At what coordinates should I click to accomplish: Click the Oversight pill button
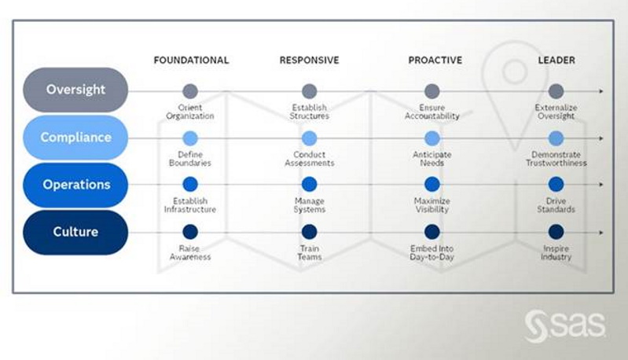tap(75, 90)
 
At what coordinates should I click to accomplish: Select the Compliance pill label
tap(75, 138)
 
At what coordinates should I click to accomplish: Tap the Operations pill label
tap(75, 185)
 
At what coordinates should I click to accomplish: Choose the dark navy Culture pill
tap(75, 232)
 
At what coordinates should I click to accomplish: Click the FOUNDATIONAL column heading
tap(192, 60)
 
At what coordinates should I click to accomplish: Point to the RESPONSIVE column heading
tap(309, 60)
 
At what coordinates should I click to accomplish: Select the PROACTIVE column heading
tap(435, 60)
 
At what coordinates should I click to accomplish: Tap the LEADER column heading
tap(556, 60)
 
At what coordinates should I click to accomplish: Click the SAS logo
tap(565, 326)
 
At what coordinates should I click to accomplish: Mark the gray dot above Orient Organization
tap(190, 91)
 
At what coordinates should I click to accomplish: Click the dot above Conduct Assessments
tap(309, 138)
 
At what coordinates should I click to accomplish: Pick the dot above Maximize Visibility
tap(432, 185)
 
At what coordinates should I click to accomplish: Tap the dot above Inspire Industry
tap(556, 232)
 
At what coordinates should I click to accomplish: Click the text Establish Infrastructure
tap(190, 205)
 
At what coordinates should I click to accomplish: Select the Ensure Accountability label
tap(432, 112)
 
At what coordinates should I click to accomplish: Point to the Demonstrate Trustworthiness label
tap(556, 159)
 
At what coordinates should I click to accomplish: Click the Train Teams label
tap(309, 252)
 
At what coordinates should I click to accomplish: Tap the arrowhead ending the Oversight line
tap(600, 91)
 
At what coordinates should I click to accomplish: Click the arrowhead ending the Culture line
tap(600, 232)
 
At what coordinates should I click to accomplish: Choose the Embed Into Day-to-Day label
tap(432, 252)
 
